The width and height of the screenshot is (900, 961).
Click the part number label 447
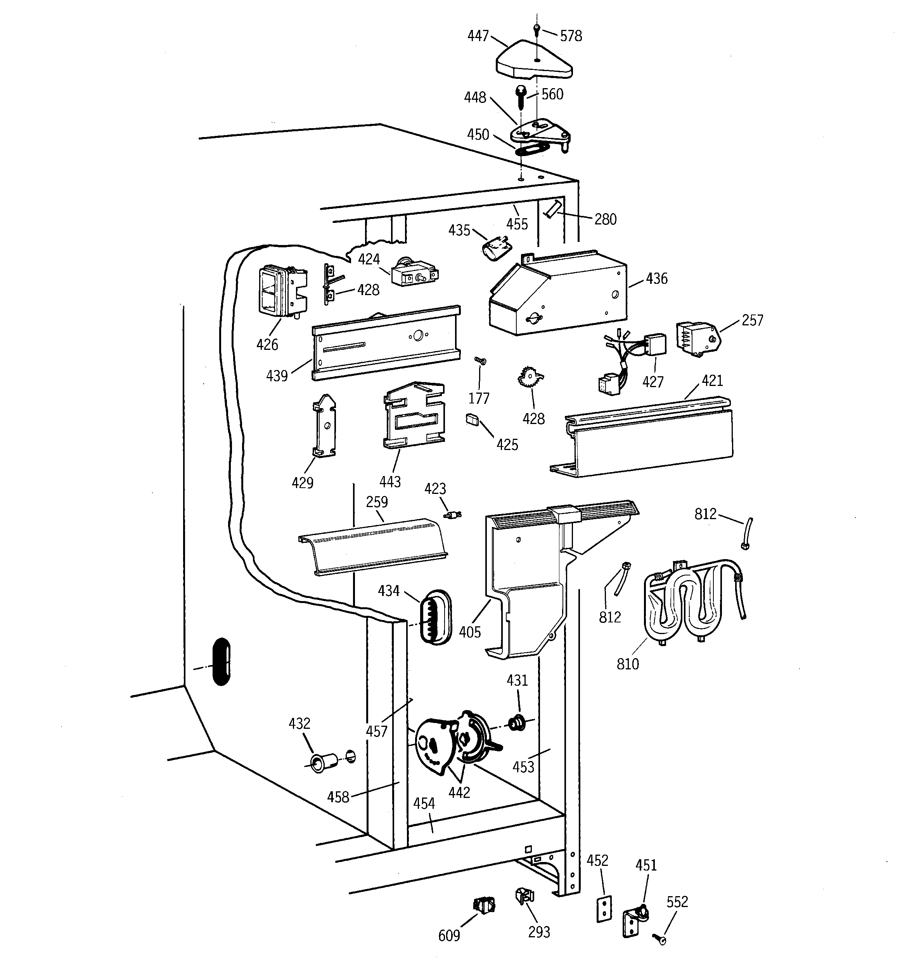pos(478,36)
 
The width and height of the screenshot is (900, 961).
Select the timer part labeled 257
pos(697,339)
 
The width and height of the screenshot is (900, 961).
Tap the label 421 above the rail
pos(711,381)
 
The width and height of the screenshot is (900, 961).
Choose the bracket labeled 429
pos(325,426)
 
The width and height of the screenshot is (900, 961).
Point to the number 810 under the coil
pos(628,664)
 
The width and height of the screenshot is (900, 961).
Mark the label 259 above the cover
pos(376,502)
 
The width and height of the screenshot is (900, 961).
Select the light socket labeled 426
pos(281,292)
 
